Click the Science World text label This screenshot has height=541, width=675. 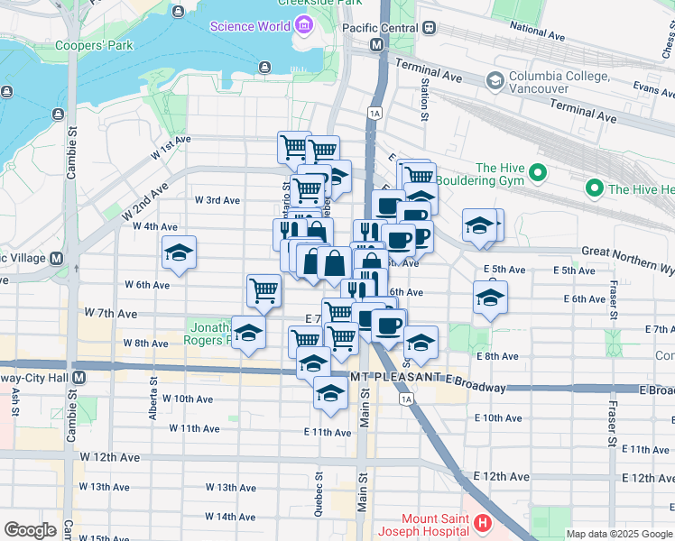pyautogui.click(x=250, y=26)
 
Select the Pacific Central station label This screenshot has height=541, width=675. pyautogui.click(x=380, y=28)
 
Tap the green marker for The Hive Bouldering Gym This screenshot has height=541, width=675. pyautogui.click(x=538, y=171)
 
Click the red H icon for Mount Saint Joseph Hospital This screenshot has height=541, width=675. pyautogui.click(x=483, y=522)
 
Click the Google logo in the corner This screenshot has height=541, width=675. pyautogui.click(x=31, y=530)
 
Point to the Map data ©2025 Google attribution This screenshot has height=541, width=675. pyautogui.click(x=619, y=534)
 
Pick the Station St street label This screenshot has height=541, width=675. pyautogui.click(x=422, y=99)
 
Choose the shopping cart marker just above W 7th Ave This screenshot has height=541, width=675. pyautogui.click(x=264, y=289)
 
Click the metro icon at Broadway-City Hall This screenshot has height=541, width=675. pyautogui.click(x=79, y=376)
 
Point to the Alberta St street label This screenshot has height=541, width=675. pyautogui.click(x=153, y=405)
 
